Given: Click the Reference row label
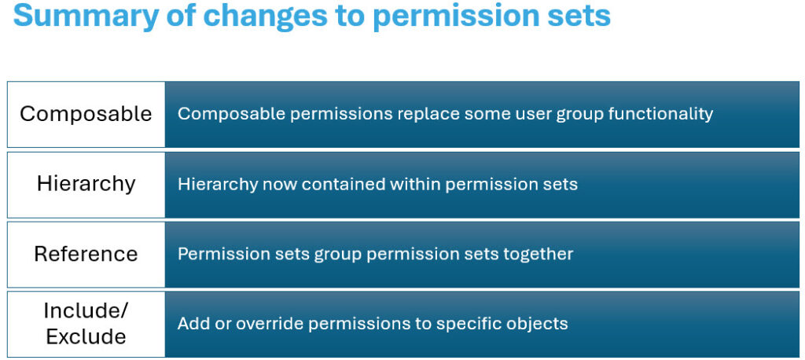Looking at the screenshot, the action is coord(86,254).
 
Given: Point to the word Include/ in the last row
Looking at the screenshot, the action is coord(86,310).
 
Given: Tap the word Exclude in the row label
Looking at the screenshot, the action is coord(86,337).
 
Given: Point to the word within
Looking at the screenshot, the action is coord(414,185).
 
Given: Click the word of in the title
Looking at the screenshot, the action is coord(180,16).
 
